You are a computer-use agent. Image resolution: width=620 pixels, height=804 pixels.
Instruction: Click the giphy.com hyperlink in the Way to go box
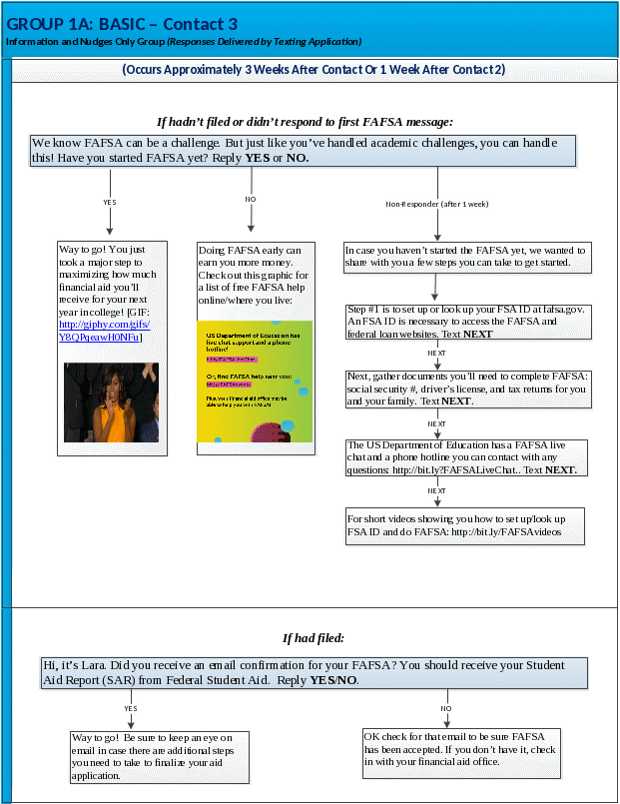click(x=104, y=331)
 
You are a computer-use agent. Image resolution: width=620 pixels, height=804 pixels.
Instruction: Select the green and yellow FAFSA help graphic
click(x=255, y=381)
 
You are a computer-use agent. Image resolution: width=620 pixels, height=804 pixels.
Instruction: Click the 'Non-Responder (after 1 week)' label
click(x=437, y=204)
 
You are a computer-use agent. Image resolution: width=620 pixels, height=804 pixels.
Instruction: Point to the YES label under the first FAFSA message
click(x=110, y=202)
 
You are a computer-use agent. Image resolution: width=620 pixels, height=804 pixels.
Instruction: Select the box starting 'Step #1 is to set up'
click(x=466, y=322)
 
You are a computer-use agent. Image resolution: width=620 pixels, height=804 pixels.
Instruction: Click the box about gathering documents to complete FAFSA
click(x=466, y=389)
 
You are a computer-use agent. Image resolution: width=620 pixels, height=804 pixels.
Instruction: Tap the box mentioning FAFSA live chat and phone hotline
click(x=466, y=456)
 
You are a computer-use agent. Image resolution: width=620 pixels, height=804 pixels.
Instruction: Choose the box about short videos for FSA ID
click(x=464, y=525)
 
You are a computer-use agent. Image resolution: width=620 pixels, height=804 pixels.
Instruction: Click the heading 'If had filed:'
click(x=313, y=637)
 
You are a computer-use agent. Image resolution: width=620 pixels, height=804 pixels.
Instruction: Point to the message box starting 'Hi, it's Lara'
click(x=312, y=672)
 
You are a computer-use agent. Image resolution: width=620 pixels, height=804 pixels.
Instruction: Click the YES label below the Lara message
click(x=131, y=708)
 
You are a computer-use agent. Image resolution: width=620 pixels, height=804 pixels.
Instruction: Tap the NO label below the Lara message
click(x=447, y=708)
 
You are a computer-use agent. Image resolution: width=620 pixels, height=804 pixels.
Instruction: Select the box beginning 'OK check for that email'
click(x=460, y=748)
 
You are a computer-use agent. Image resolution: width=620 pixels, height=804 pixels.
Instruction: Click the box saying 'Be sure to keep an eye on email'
click(x=159, y=755)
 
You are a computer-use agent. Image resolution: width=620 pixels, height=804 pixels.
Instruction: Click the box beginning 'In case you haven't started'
click(x=466, y=256)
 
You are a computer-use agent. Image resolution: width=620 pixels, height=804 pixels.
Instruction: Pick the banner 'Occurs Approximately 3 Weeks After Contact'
click(x=313, y=70)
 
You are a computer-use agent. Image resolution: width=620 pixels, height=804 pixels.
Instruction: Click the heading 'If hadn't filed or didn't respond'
click(x=305, y=122)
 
